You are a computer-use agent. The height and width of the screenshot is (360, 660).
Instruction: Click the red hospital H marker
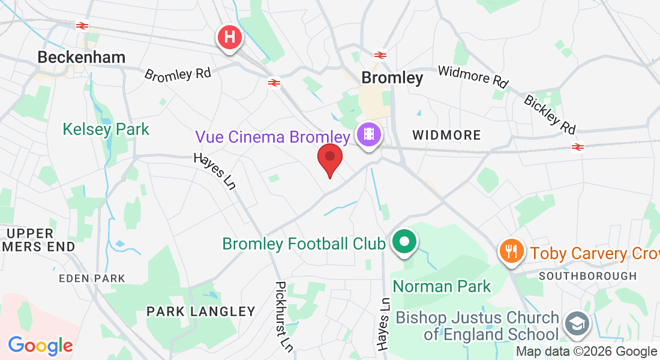[x=229, y=37]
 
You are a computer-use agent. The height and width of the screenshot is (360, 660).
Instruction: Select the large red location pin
[x=329, y=158]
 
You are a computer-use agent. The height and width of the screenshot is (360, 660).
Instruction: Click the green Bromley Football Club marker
[x=404, y=242]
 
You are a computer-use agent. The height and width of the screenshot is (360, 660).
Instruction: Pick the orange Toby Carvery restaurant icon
[x=511, y=251]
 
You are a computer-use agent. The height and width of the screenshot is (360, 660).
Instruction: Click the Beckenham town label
[x=82, y=58]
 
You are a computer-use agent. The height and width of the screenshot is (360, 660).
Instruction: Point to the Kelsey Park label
[x=106, y=129]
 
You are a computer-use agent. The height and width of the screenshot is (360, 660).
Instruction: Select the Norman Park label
[x=442, y=286]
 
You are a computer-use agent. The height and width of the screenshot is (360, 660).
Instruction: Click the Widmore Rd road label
[x=473, y=76]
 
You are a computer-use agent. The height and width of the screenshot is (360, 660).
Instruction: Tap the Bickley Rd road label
[x=550, y=114]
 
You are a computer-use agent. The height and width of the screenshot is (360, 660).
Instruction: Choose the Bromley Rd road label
[x=178, y=74]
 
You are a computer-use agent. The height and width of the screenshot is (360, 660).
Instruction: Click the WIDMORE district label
[x=446, y=136]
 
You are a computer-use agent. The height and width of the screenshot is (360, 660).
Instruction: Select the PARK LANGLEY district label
[x=201, y=311]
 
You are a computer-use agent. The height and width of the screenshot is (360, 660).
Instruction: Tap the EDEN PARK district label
[x=92, y=278]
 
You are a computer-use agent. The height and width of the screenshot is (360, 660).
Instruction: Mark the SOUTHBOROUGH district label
[x=587, y=276]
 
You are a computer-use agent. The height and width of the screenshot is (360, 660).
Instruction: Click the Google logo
[x=40, y=346]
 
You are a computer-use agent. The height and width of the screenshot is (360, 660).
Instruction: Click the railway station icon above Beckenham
[x=82, y=26]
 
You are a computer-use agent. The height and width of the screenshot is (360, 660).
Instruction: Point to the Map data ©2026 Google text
[x=587, y=352]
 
